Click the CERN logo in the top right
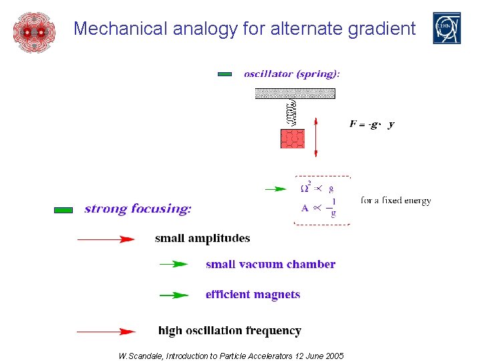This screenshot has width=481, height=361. [446, 28]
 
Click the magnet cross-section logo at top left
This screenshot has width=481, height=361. [33, 31]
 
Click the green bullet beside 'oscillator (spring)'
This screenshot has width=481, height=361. [224, 74]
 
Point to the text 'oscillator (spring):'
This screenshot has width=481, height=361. [291, 74]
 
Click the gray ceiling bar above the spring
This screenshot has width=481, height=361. [295, 94]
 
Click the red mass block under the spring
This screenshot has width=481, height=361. [293, 138]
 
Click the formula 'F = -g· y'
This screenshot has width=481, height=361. [372, 124]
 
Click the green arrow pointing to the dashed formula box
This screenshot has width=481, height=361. [275, 189]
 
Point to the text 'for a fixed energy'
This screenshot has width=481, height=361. [395, 200]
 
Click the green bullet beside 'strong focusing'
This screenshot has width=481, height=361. [63, 210]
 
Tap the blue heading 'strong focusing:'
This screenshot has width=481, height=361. [138, 209]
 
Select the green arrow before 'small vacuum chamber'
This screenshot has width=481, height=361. [174, 265]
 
